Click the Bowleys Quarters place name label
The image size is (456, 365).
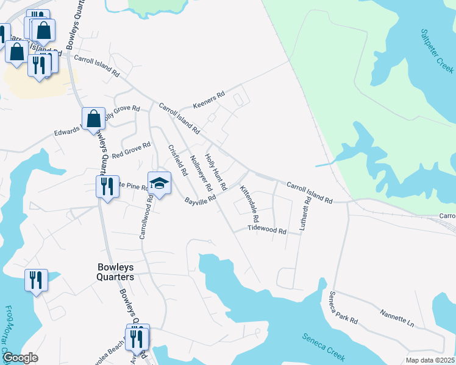(116, 271)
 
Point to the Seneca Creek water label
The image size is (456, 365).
(324, 344)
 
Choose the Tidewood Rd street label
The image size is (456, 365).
(266, 230)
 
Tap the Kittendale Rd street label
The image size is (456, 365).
(250, 204)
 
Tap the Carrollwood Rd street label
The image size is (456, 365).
(145, 217)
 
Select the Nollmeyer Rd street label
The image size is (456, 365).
(201, 171)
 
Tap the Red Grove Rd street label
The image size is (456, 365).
(130, 149)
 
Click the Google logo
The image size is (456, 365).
(20, 358)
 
